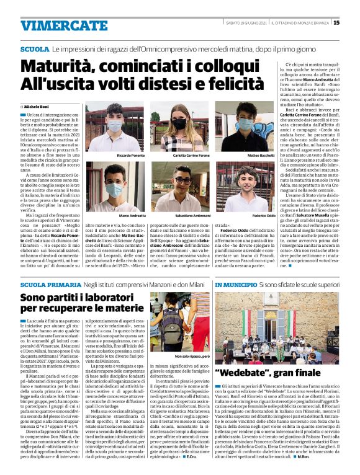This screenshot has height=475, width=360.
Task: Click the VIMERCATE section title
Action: [55, 25]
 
